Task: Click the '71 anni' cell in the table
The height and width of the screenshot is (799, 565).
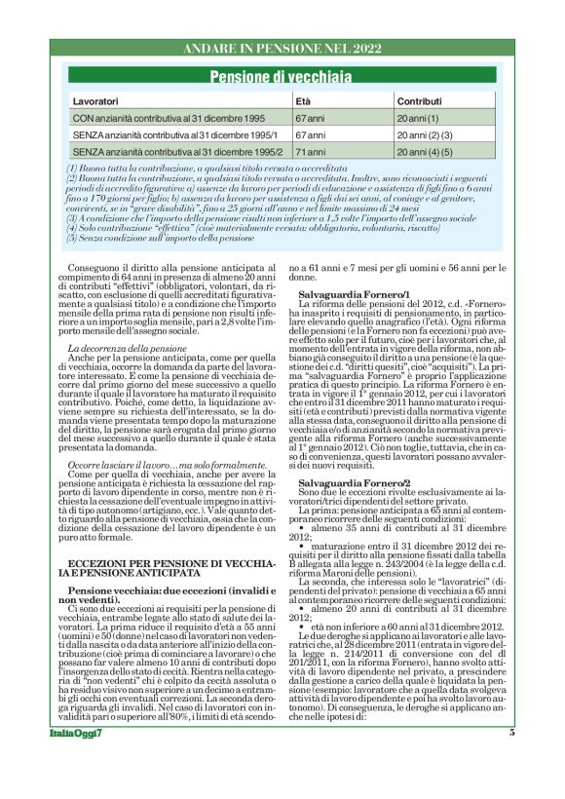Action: [x=310, y=152]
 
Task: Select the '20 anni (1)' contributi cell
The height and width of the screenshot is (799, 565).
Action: [x=418, y=117]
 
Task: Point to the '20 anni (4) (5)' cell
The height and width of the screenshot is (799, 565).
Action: [x=425, y=152]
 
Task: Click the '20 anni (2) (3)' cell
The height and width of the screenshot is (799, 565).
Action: [x=425, y=134]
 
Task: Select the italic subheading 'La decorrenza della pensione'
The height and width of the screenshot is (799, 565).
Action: [x=128, y=348]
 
